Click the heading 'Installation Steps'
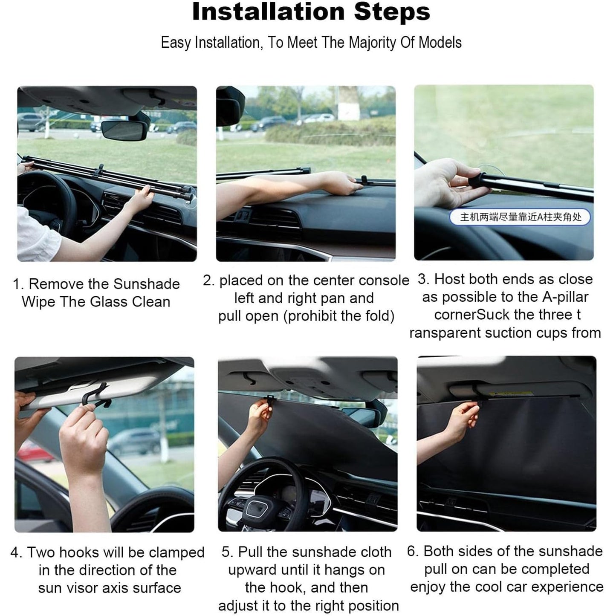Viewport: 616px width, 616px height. pos(311,12)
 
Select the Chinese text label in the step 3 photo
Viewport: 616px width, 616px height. pos(521,217)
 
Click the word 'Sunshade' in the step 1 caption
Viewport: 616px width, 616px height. pos(147,284)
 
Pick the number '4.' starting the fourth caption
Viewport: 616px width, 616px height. pos(17,552)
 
